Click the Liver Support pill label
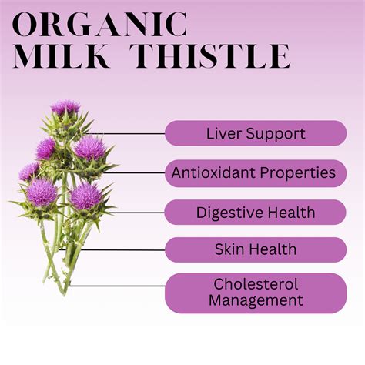pos(255,133)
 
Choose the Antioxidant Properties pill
pos(255,172)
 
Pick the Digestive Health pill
pos(255,212)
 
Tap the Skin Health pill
pos(255,249)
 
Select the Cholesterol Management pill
pos(255,293)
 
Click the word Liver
pos(220,133)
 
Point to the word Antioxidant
pos(217,172)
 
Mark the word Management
pos(255,301)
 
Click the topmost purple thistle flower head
pos(65,108)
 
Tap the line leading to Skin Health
pos(123,249)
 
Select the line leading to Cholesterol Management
pos(116,286)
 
